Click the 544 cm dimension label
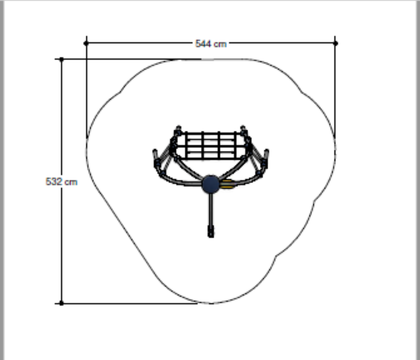tap(211, 44)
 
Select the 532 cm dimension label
tap(61, 182)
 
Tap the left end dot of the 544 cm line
tap(86, 43)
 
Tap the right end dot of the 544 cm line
tap(336, 43)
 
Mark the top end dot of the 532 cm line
tap(62, 59)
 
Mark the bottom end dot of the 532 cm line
tap(61, 303)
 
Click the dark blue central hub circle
tap(211, 184)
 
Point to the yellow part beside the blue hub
tap(226, 184)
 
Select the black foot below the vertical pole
tap(211, 231)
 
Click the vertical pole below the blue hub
tap(211, 209)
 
